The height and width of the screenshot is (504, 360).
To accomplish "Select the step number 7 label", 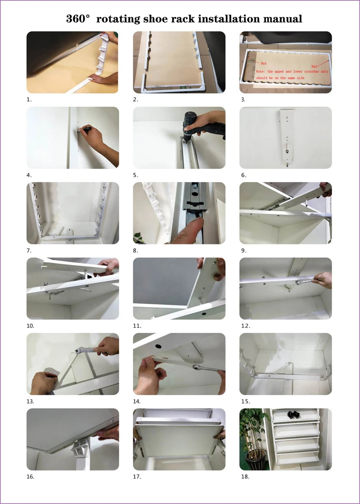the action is [x=29, y=250].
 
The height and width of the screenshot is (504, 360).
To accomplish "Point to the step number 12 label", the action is [x=246, y=326].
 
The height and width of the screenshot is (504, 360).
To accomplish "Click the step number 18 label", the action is [x=245, y=476].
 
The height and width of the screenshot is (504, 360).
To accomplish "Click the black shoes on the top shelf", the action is [x=294, y=415].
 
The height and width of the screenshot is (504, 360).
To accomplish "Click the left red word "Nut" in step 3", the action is [x=263, y=64].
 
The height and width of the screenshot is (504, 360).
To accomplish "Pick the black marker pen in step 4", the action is [x=86, y=130].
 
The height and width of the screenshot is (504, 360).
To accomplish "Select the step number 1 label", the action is [x=29, y=100].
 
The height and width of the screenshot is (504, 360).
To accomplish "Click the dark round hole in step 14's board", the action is [x=158, y=347].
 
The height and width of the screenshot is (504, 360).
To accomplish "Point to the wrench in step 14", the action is [x=206, y=368].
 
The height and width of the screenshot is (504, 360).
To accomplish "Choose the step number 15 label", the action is [x=246, y=402].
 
